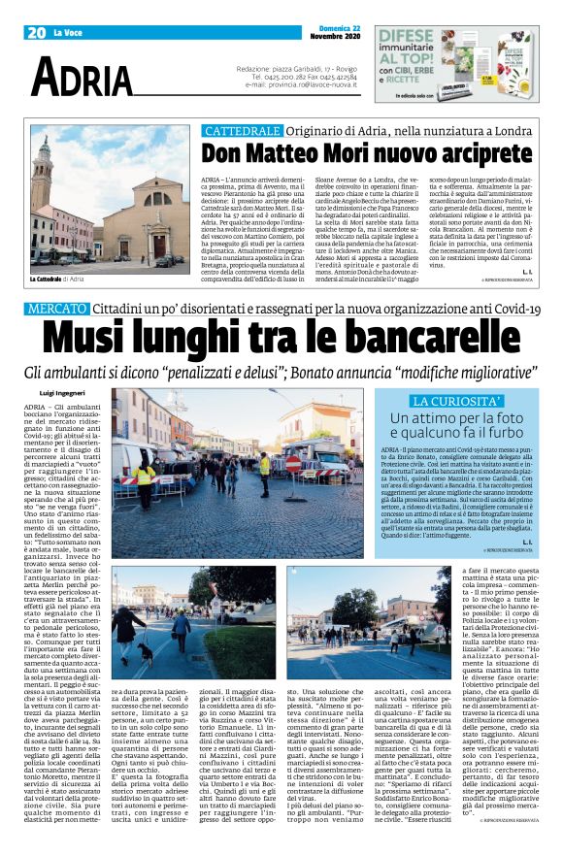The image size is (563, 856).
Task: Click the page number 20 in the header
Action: (38, 32)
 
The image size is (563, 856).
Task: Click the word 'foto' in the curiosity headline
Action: (485, 418)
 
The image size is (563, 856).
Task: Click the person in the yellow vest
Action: (149, 476)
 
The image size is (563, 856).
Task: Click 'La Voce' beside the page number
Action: (70, 32)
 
